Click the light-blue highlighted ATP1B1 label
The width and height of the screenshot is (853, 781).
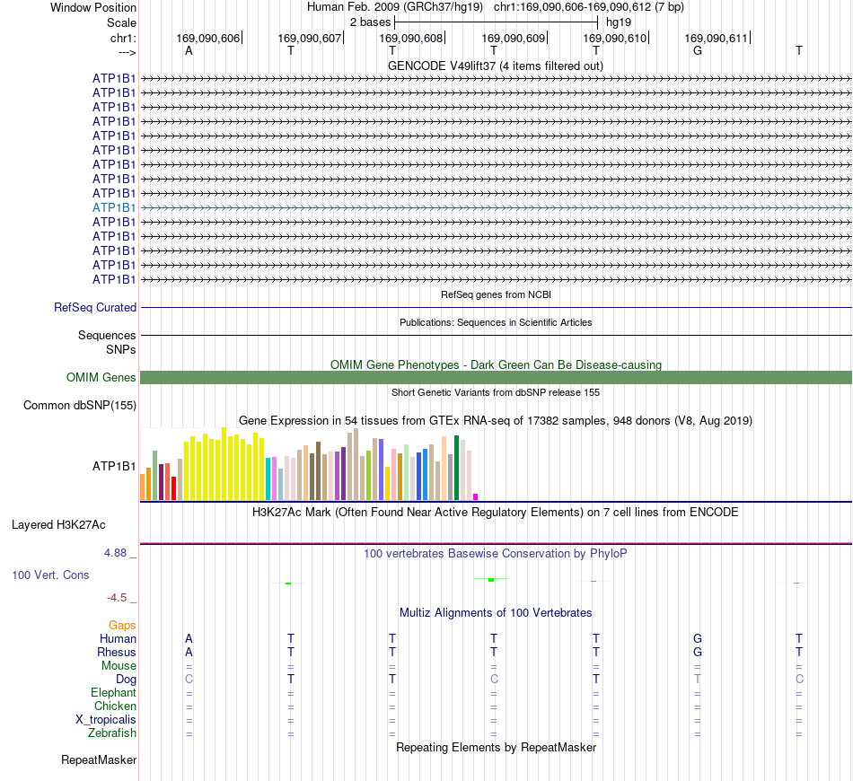[114, 207]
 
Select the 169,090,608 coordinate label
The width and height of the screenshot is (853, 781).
[410, 38]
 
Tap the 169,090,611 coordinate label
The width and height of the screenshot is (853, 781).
[716, 38]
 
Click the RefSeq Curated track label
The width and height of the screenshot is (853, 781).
[95, 307]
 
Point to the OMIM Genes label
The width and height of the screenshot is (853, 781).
[101, 377]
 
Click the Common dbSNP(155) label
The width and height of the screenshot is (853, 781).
[80, 405]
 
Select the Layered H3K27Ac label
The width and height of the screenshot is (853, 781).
[58, 525]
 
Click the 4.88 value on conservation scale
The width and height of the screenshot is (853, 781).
[115, 553]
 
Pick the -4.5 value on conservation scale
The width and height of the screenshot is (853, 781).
[117, 598]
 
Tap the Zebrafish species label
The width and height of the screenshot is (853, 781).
[112, 733]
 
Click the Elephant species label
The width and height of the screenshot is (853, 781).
[113, 692]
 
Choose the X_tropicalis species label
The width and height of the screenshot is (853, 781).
[106, 720]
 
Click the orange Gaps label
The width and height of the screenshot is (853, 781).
[122, 626]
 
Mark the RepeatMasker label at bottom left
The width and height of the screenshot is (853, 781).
[99, 759]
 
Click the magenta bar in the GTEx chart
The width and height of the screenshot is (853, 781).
[476, 496]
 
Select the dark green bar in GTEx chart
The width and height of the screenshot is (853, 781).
[456, 468]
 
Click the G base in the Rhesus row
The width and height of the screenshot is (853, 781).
[698, 652]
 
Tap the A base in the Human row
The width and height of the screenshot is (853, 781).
[189, 638]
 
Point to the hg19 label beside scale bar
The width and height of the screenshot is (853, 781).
[619, 22]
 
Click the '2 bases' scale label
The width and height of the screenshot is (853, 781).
[371, 22]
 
